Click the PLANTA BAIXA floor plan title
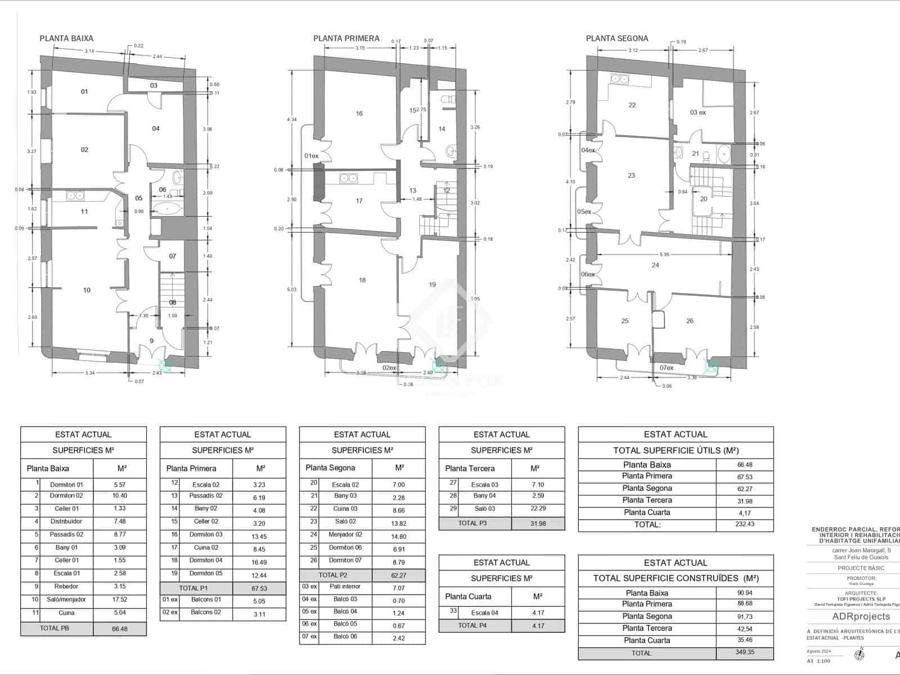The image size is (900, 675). point(66,39)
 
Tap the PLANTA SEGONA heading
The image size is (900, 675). point(617,39)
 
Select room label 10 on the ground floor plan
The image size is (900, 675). point(87,290)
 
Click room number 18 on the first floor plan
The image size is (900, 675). point(362,280)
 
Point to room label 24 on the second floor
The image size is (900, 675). point(655,265)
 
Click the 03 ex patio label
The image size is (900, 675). point(698,112)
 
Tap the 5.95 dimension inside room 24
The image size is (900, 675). point(665,254)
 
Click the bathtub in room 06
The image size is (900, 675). point(168,210)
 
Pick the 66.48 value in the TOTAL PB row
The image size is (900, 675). point(120,629)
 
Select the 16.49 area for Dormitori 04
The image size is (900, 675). point(259,562)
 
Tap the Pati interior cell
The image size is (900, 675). point(345,587)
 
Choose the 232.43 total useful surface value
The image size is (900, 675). point(744,524)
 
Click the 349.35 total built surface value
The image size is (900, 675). point(744,653)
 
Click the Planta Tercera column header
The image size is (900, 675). point(470,468)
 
